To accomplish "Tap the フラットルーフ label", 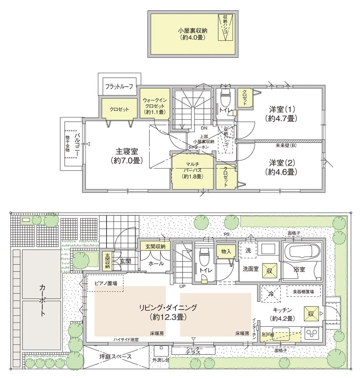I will [x=119, y=86].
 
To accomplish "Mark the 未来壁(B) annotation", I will [x=285, y=146].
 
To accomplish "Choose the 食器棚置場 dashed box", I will [x=302, y=292].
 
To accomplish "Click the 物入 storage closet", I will [x=226, y=252].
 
